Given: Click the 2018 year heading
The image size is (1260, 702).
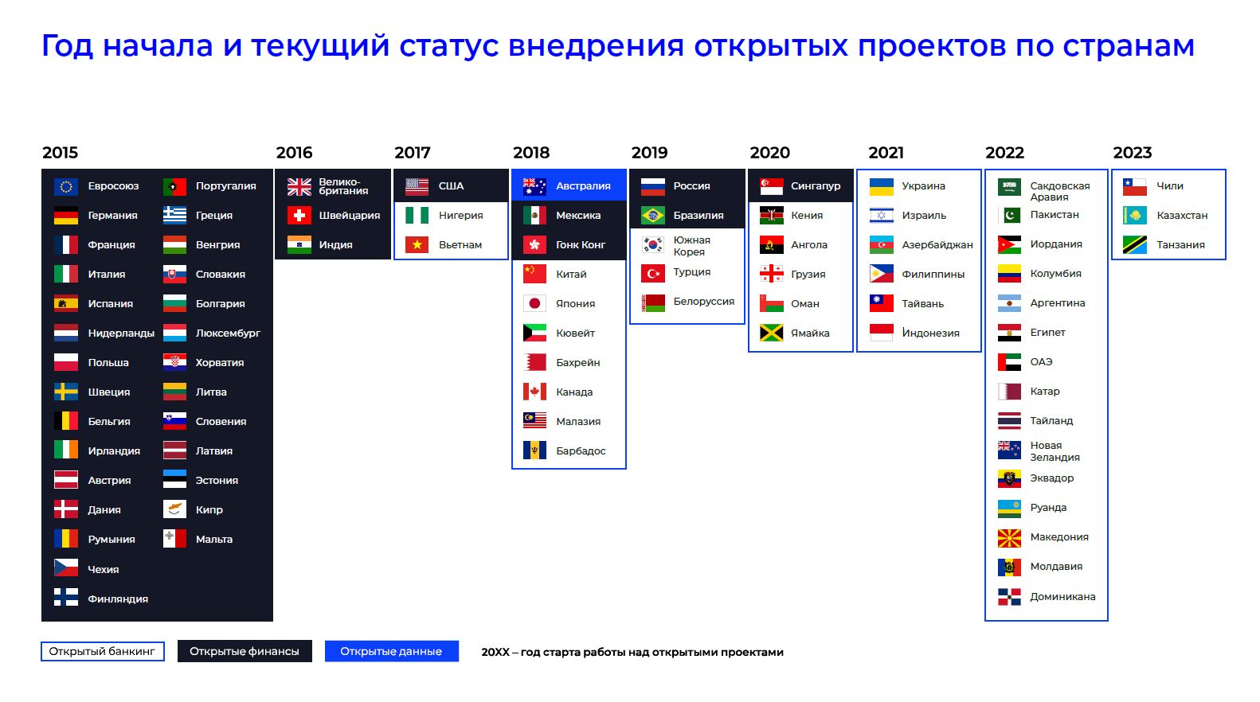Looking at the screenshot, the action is tap(531, 152).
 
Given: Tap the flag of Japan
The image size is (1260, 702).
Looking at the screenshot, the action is tap(534, 303).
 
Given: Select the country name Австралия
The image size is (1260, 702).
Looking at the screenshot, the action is tap(583, 186).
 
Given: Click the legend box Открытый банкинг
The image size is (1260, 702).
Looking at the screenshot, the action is tap(103, 651).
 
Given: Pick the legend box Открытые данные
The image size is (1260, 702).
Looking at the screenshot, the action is tap(392, 651).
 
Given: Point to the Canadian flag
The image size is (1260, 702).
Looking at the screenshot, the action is tap(534, 392).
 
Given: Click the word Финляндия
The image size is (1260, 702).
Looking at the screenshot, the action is tap(118, 599).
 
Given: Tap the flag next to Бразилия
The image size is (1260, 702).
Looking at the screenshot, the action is tap(652, 215).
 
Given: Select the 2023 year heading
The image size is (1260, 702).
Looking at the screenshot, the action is tap(1133, 152).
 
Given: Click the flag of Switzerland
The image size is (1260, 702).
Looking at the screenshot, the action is tap(299, 215).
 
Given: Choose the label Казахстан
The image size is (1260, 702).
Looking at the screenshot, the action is tap(1182, 215).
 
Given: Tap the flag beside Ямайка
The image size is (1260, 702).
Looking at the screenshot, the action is tap(771, 333).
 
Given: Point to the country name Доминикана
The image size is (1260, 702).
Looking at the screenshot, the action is tap(1062, 596).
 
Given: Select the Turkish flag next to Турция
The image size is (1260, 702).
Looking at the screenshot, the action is tap(652, 274).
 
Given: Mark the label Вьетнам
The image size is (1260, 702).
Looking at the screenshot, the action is tap(460, 245).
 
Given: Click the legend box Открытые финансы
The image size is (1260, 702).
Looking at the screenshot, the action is tap(245, 651).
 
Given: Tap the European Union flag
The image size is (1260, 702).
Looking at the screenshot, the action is tap(66, 186).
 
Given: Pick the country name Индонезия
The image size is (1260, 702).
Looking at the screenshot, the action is tap(930, 333).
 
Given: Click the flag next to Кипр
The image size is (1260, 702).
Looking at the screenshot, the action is tap(174, 509).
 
